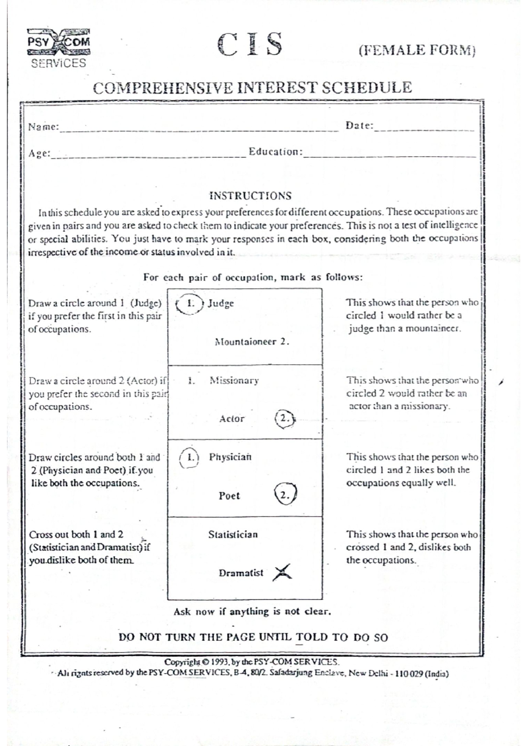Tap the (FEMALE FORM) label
(417, 50)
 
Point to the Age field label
(39, 154)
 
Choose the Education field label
(275, 152)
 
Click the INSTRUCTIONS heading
(250, 196)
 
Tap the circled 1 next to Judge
(190, 304)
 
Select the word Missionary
(234, 380)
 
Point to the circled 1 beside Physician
(190, 457)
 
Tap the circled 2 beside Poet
(285, 495)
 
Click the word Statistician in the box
(233, 534)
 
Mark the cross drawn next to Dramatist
(282, 573)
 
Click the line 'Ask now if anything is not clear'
(252, 611)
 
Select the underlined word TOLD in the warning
(312, 637)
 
